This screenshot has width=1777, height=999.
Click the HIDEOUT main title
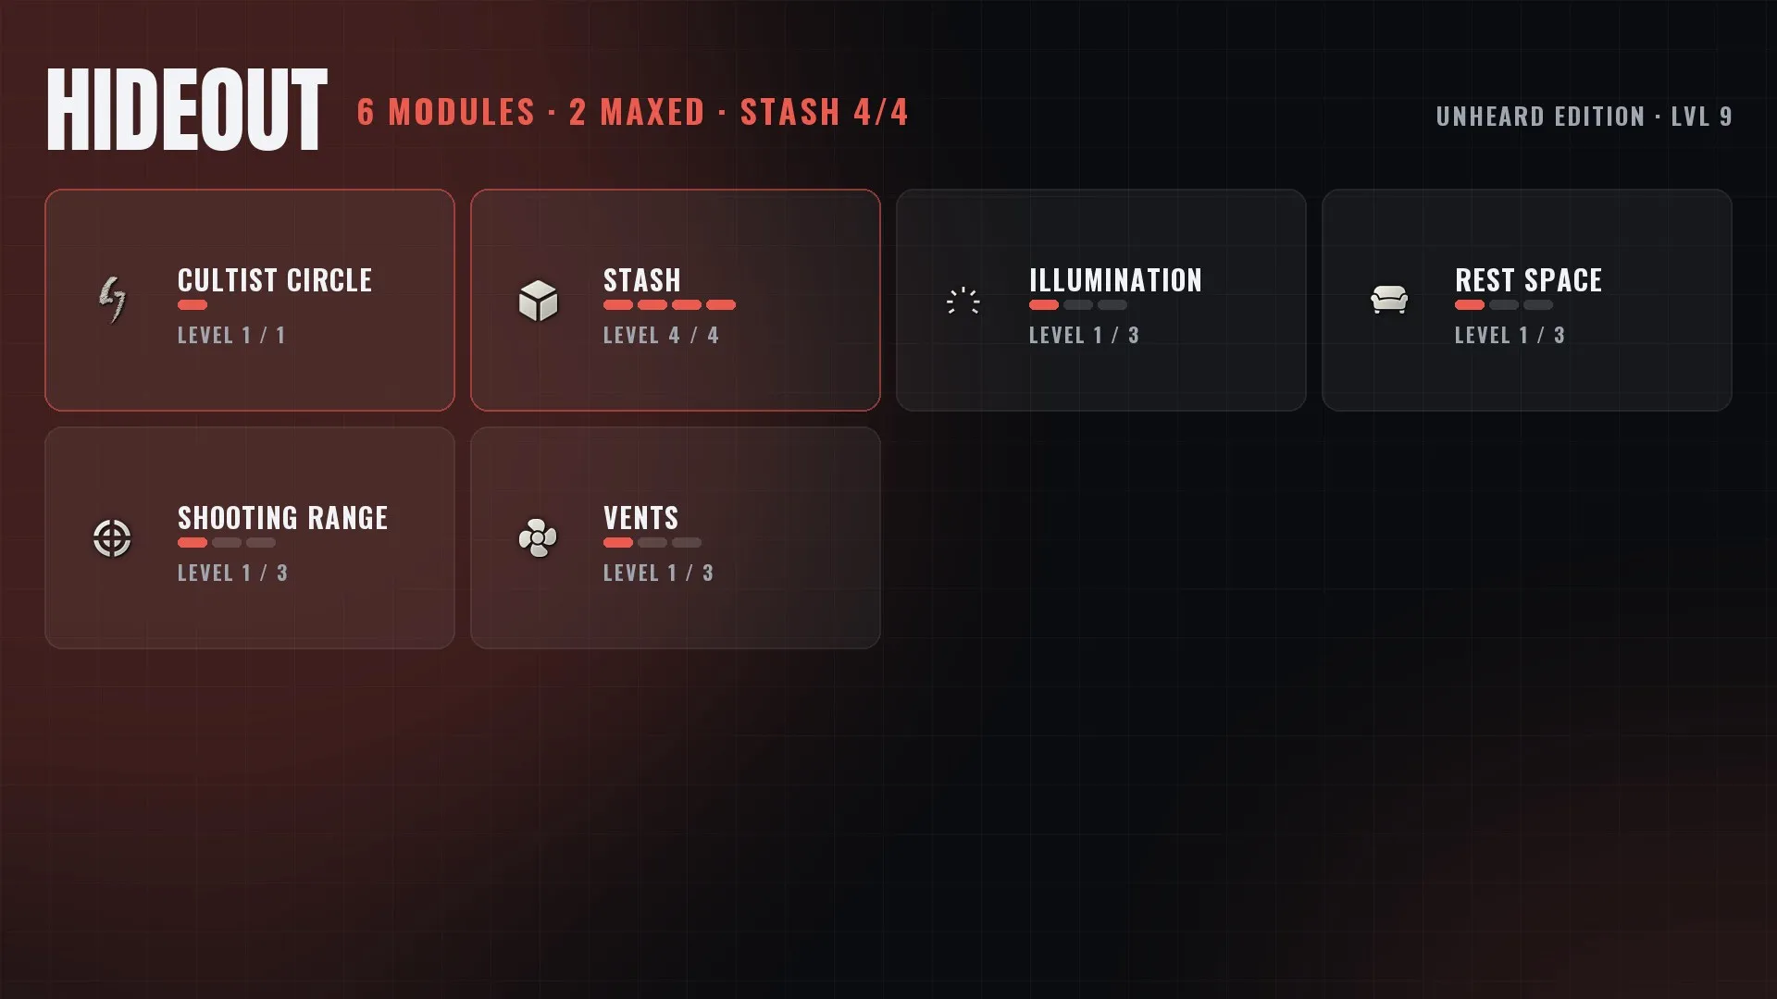pos(186,110)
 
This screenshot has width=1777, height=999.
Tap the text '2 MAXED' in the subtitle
pos(637,113)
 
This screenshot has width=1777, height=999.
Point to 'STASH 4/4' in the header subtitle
pos(824,113)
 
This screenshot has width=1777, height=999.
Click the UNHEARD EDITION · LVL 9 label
pos(1584,117)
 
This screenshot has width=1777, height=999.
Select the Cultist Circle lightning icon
pos(112,300)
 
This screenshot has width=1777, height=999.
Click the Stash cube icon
pos(538,301)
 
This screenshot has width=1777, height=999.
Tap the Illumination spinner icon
pos(963,301)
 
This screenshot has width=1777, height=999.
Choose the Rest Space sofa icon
pos(1389,300)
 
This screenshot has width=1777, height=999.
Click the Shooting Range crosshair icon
pos(112,538)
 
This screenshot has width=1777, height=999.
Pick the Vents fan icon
pos(538,538)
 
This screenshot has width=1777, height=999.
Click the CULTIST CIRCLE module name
pos(275,280)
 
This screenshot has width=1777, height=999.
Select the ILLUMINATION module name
pos(1115,280)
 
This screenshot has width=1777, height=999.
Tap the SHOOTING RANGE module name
pos(282,518)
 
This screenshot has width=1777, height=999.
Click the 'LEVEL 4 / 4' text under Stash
pos(661,336)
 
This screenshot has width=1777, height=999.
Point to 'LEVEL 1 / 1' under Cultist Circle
pos(231,336)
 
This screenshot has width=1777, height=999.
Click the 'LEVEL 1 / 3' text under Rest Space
pos(1510,336)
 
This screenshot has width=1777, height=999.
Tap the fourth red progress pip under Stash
pos(721,305)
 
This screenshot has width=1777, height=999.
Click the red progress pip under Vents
pos(618,543)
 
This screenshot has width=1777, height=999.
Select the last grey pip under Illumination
pos(1112,305)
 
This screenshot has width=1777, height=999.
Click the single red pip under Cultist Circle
pos(193,305)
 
